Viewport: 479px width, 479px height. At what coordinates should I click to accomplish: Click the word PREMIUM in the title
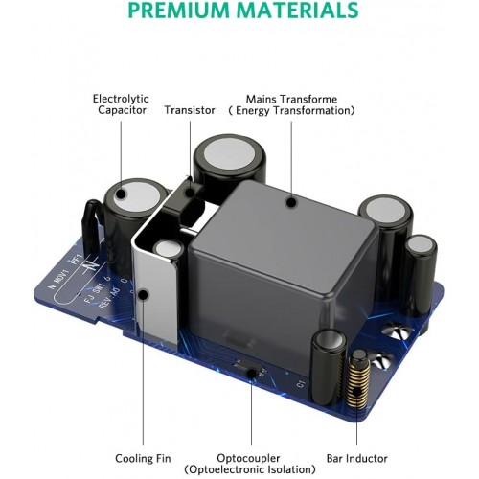[x=178, y=10]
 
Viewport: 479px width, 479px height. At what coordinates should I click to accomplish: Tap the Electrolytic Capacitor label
[x=121, y=104]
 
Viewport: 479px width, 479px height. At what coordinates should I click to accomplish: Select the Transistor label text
[x=190, y=110]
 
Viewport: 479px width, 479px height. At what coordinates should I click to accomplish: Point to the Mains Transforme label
[x=291, y=99]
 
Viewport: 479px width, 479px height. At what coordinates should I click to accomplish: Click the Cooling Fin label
[x=143, y=459]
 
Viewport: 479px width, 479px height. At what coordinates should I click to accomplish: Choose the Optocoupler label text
[x=248, y=458]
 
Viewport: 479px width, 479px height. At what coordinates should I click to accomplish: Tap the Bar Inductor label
[x=356, y=459]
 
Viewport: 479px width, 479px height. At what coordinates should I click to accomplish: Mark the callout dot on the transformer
[x=291, y=202]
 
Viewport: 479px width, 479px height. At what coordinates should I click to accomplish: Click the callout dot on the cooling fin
[x=144, y=295]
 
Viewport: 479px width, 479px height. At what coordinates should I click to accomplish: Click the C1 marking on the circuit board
[x=301, y=384]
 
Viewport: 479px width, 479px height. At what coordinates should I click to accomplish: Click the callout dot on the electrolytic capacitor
[x=121, y=194]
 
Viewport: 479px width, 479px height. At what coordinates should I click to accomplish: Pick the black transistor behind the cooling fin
[x=183, y=197]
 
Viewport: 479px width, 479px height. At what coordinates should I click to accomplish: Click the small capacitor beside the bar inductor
[x=329, y=366]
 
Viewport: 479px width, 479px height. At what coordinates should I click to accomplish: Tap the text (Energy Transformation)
[x=291, y=111]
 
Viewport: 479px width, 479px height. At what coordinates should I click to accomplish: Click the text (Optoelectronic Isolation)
[x=250, y=469]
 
